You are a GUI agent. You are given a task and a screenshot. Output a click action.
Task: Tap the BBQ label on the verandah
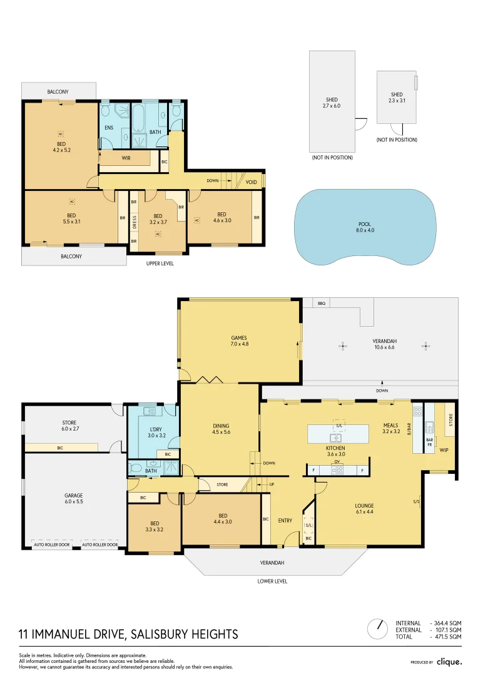click(322, 303)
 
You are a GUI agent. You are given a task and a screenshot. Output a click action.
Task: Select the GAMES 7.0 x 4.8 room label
click(240, 341)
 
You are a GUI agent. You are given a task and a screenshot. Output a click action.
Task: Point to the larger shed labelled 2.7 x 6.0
click(332, 103)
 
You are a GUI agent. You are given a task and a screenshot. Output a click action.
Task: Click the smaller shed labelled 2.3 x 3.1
click(397, 97)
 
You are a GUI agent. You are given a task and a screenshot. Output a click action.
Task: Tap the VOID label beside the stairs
click(251, 182)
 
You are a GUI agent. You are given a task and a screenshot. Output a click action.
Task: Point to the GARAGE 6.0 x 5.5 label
click(73, 498)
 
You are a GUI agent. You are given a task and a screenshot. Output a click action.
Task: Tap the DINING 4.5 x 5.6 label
click(221, 429)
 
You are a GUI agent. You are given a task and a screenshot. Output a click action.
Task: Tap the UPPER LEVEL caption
click(160, 264)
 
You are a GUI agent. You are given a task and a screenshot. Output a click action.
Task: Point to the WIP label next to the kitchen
click(443, 449)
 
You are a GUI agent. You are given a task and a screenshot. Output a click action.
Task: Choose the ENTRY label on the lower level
click(285, 521)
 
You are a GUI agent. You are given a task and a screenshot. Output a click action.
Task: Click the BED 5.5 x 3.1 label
click(71, 218)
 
